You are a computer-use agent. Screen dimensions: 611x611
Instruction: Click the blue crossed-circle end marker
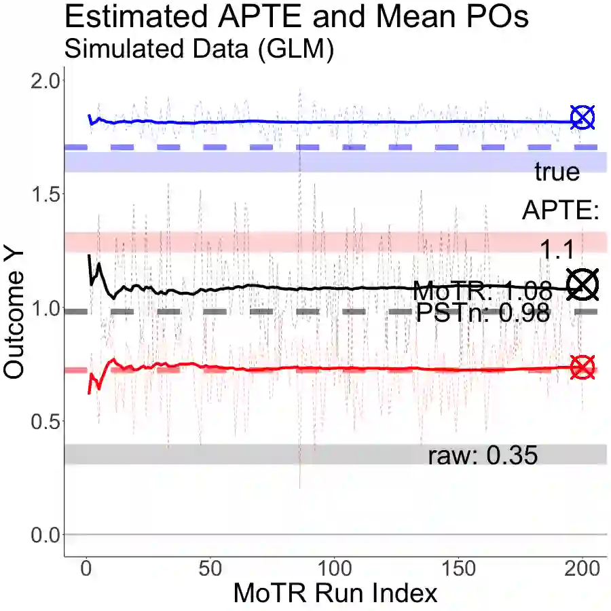[x=582, y=118]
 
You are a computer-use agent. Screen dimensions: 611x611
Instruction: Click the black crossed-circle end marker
[x=582, y=284]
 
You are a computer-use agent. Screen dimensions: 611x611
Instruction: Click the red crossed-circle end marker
[x=582, y=367]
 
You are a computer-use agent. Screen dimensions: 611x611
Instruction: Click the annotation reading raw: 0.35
[x=483, y=456]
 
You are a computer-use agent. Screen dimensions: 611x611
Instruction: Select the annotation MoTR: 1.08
[x=482, y=291]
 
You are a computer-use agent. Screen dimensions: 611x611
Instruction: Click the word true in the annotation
[x=557, y=172]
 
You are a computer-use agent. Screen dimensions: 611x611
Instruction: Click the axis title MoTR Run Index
[x=335, y=593]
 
